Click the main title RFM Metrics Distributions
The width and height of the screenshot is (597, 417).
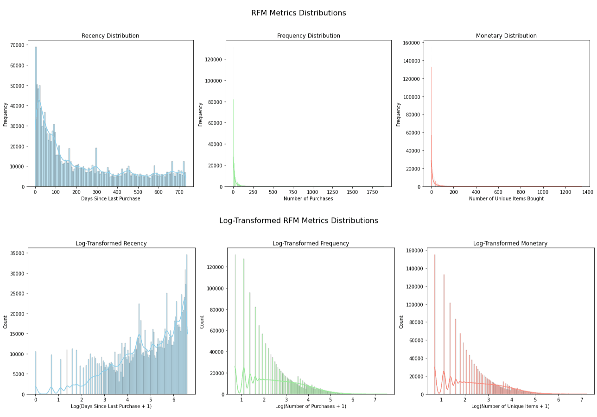298,13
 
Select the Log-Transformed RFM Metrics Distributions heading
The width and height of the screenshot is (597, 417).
298,221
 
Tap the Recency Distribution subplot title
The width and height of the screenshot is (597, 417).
110,36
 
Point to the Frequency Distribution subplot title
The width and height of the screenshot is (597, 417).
309,36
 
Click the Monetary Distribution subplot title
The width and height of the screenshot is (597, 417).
506,36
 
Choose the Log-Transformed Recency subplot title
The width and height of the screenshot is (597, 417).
111,243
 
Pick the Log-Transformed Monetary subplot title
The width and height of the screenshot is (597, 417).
510,243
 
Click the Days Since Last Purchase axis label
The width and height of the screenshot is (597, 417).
111,198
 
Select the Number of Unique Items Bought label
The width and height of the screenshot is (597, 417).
506,198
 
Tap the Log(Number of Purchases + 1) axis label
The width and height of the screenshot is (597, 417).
311,406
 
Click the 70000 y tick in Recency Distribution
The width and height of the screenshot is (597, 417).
17,45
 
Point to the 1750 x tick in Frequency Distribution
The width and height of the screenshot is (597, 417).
372,192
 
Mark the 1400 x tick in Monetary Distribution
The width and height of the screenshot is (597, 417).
588,192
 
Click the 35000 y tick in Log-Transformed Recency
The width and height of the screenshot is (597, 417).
17,253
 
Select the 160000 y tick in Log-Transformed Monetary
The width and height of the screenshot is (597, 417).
414,251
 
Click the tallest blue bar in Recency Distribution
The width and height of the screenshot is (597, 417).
36,117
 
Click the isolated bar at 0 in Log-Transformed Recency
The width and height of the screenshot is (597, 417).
36,373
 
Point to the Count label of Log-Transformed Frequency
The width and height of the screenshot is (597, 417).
202,322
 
